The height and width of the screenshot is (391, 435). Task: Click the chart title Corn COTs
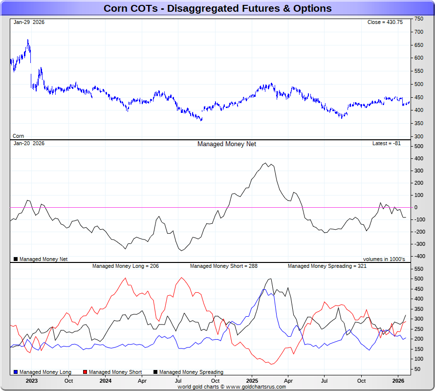[x=217, y=8]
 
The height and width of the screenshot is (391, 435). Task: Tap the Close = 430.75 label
[x=385, y=22]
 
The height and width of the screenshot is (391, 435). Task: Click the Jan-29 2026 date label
[x=29, y=22]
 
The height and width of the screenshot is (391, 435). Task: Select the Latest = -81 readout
[x=387, y=144]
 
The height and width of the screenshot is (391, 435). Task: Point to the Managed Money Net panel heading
[x=227, y=144]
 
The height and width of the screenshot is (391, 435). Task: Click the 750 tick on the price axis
[x=419, y=19]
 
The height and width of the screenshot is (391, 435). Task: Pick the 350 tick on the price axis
[x=419, y=123]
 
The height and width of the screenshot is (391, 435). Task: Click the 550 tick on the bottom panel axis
[x=419, y=269]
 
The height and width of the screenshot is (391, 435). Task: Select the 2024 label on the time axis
[x=105, y=381]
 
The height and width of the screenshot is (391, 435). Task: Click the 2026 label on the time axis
[x=398, y=381]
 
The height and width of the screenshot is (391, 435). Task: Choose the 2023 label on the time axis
[x=32, y=381]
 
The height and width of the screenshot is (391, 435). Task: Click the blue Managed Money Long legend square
[x=16, y=372]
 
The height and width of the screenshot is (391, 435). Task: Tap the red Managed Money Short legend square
[x=86, y=372]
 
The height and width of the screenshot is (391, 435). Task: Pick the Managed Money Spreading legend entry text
[x=191, y=372]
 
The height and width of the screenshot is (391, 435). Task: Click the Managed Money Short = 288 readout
[x=224, y=266]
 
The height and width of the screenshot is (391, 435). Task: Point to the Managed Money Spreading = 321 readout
[x=327, y=266]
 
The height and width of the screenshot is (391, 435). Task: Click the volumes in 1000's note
[x=384, y=259]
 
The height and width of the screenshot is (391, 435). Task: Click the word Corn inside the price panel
[x=18, y=136]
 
